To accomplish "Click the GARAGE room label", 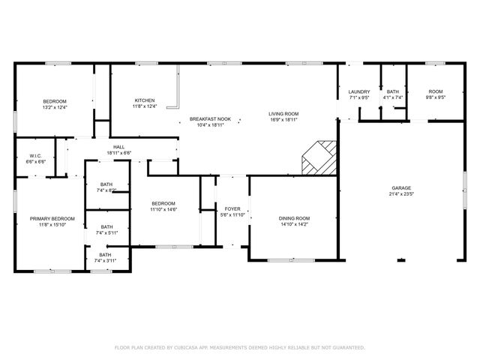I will click(x=401, y=188).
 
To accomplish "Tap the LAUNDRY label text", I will click(x=359, y=91).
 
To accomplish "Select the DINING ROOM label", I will click(x=294, y=218).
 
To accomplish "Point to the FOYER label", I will click(x=232, y=208).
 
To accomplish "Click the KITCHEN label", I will click(x=145, y=100).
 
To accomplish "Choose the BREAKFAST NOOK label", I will click(x=210, y=119).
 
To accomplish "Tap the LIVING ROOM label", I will click(x=283, y=114).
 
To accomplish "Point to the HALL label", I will click(x=118, y=147).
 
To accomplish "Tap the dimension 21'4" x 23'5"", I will click(x=401, y=194).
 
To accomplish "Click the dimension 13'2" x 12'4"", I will click(x=55, y=107).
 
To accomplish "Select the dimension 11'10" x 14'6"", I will click(x=163, y=209).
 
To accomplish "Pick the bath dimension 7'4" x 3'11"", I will click(x=105, y=260).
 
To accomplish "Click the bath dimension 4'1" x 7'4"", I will click(x=393, y=97).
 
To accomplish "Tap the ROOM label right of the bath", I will click(x=436, y=91).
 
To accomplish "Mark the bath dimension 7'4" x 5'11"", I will click(x=106, y=232).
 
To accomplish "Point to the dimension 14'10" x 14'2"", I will click(x=294, y=224).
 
